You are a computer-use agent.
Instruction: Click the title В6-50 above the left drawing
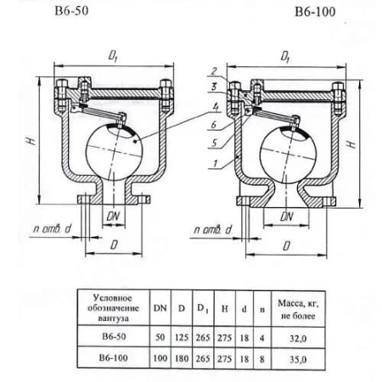71,11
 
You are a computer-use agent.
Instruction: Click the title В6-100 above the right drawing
315,12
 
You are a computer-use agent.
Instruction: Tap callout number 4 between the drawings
216,108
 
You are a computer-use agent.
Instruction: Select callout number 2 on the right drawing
214,71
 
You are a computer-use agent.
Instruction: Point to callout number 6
214,124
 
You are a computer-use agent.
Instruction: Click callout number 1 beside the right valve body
216,164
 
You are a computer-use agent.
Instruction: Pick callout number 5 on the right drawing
214,143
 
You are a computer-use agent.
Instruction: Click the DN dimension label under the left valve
113,216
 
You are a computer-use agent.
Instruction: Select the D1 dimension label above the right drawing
285,57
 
